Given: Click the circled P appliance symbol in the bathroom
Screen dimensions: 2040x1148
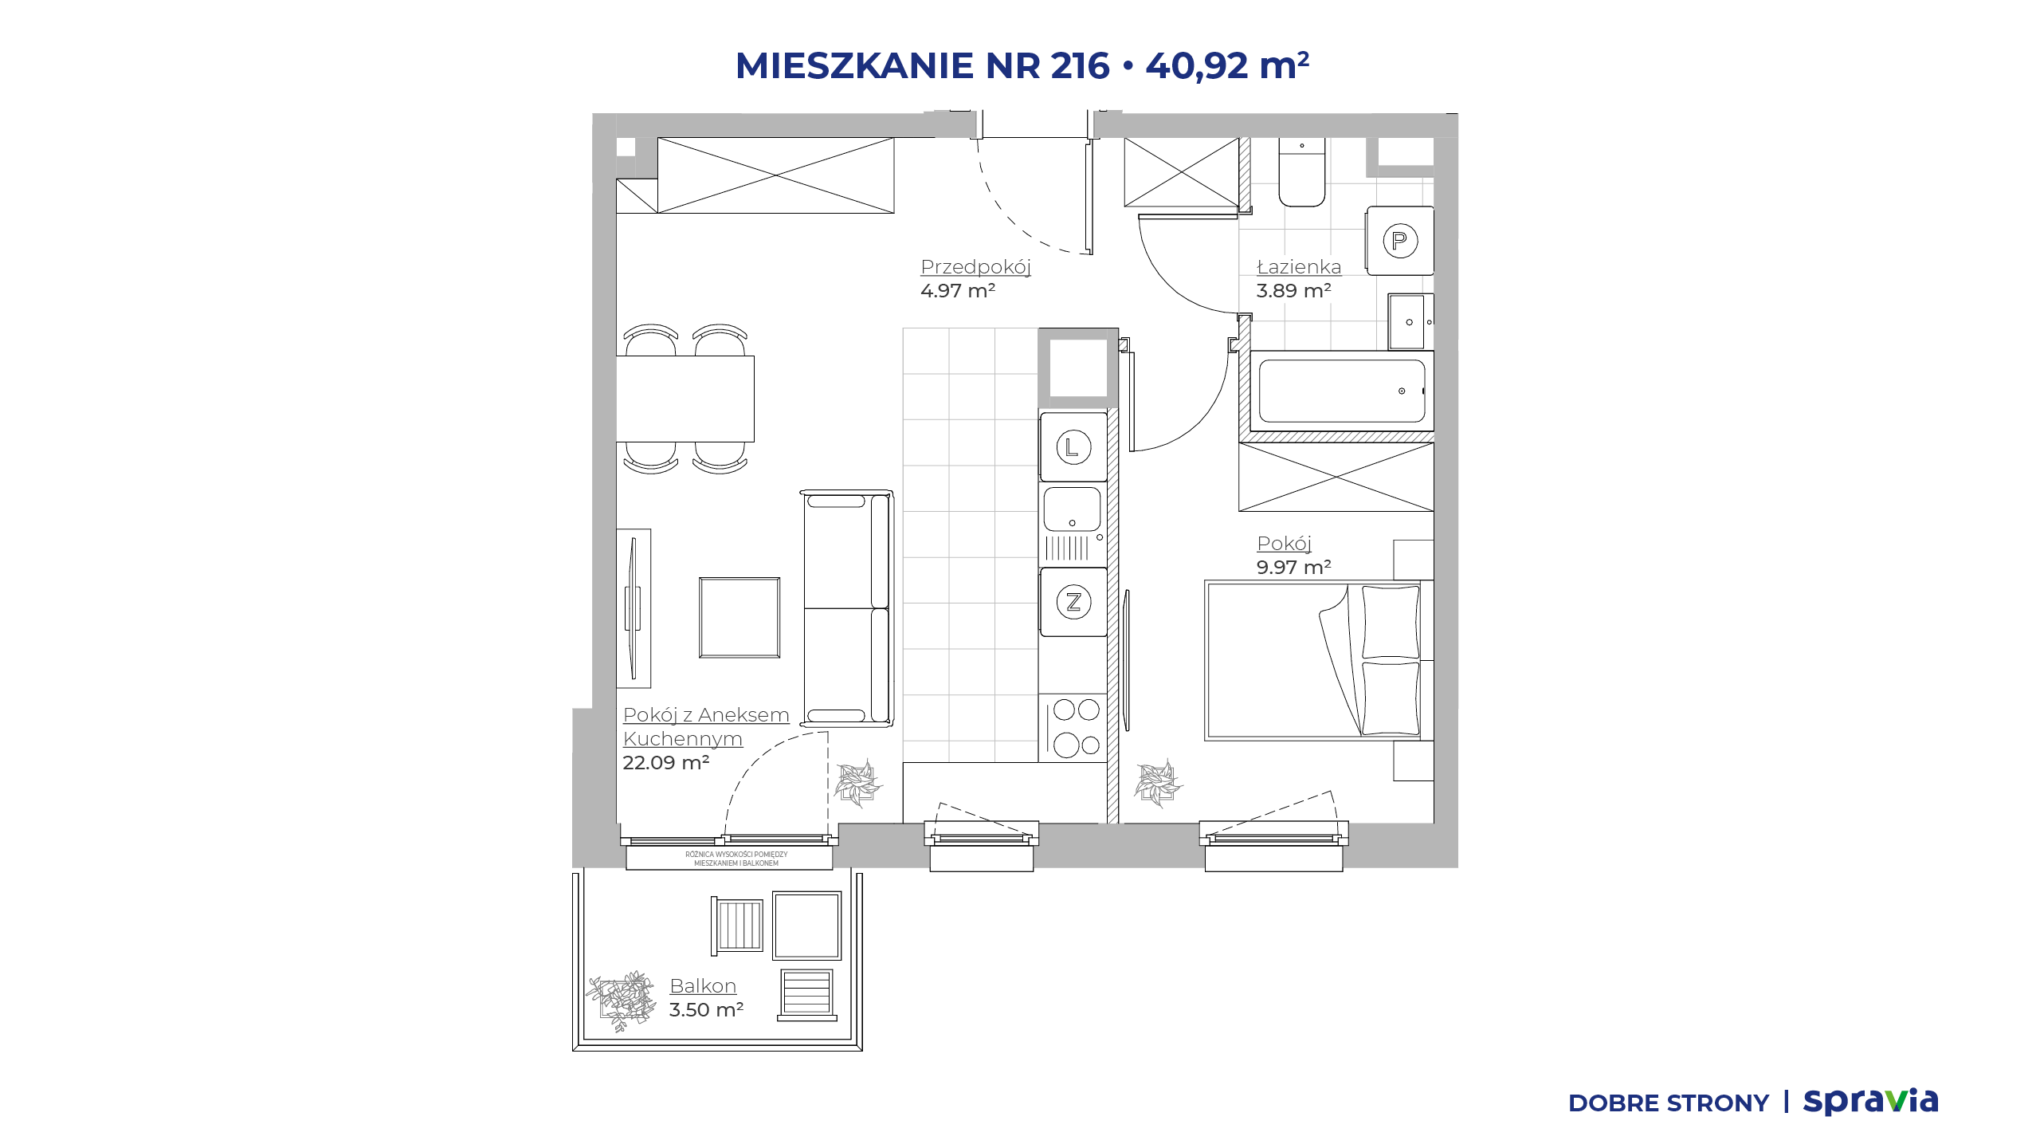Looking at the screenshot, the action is (1400, 241).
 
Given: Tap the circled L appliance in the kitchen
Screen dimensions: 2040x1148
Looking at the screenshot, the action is (1073, 447).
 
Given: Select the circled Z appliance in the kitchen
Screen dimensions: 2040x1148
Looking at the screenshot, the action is (1073, 602).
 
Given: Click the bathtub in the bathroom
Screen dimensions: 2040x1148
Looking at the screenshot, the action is (1342, 391).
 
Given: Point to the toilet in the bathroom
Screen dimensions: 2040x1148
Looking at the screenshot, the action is (1302, 172).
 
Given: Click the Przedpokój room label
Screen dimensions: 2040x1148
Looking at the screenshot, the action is (975, 266).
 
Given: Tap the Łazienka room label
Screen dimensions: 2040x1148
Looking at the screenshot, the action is (1299, 266).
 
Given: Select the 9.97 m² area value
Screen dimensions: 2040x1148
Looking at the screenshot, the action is (1294, 567).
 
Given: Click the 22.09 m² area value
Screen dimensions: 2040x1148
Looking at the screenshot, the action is (666, 762).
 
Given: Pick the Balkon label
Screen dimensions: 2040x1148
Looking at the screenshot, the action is (703, 985).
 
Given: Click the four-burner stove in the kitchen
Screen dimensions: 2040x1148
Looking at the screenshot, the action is (1073, 728).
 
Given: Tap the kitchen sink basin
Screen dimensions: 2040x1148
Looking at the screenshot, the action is (1072, 509).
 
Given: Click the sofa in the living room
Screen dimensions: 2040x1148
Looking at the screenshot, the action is (846, 608).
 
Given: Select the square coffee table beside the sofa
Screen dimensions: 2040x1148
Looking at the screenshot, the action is (739, 618).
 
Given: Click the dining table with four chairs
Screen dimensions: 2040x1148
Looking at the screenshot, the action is (685, 399).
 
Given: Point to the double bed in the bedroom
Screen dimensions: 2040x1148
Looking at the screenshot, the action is (1313, 661).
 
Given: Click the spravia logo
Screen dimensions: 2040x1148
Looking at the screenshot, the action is (1871, 1101).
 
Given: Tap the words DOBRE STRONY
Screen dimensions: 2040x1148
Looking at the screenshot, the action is (1669, 1103).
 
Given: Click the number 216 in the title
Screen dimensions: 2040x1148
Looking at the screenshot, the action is (1080, 65).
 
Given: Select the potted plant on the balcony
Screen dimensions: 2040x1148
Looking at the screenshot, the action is (622, 1001).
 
